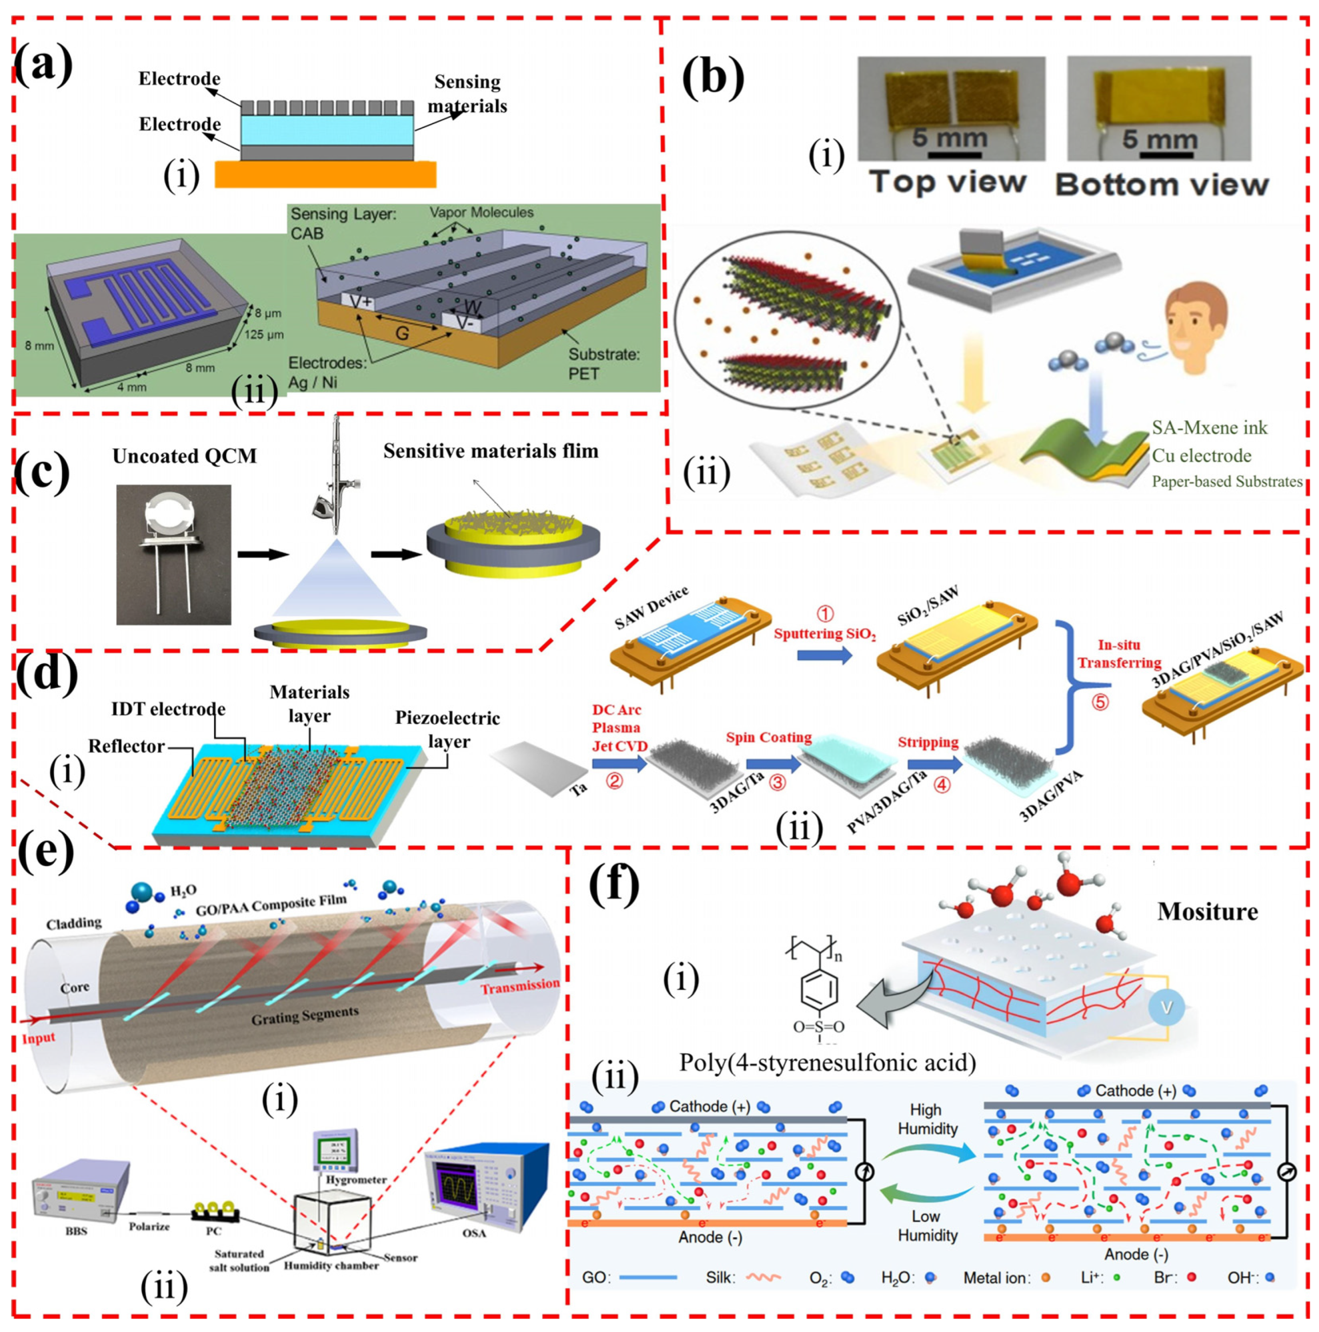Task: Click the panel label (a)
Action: [x=43, y=67]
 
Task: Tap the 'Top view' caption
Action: [x=947, y=182]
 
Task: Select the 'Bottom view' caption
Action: [x=1162, y=184]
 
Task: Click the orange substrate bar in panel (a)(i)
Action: [x=325, y=175]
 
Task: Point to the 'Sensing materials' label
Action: [x=467, y=94]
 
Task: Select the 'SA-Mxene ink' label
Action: [x=1209, y=427]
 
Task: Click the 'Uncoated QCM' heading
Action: [x=184, y=456]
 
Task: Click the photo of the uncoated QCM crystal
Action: [x=173, y=554]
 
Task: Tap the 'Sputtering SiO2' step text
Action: [x=824, y=633]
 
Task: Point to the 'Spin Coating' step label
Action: [x=768, y=737]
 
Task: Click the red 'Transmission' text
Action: [x=520, y=986]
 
